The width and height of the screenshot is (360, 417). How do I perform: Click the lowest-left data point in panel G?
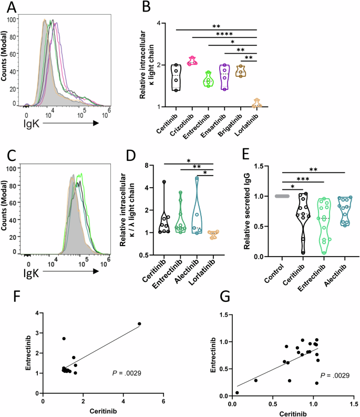coord(237,392)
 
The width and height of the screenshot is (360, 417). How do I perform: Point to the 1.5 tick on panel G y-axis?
coord(223,314)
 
